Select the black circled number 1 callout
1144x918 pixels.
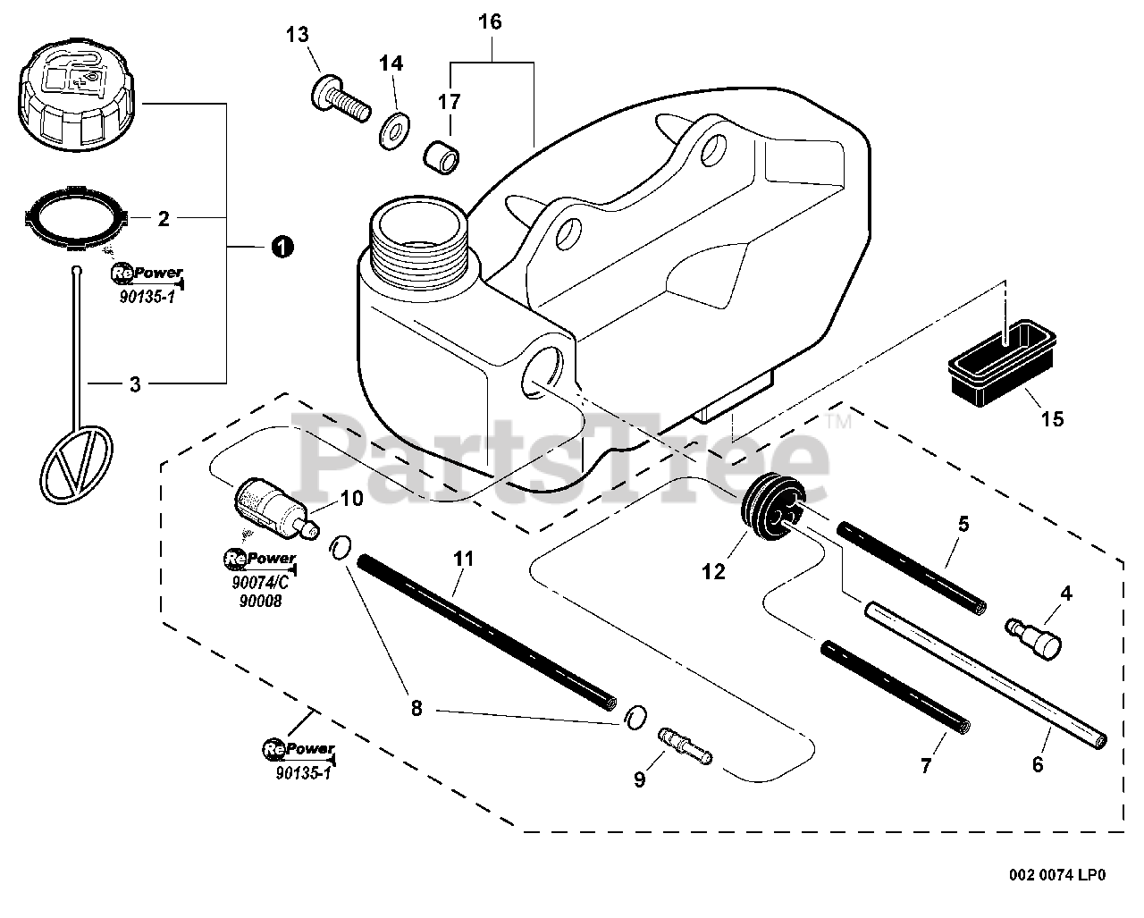click(x=282, y=247)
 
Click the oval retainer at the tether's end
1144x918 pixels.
click(x=76, y=464)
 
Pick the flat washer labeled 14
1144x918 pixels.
click(x=394, y=130)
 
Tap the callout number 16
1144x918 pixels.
click(x=490, y=21)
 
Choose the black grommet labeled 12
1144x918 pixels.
click(x=772, y=508)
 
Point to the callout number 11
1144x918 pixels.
click(x=463, y=559)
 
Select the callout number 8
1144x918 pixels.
click(x=416, y=708)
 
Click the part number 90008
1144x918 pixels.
click(x=260, y=601)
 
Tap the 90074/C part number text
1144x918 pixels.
click(x=260, y=583)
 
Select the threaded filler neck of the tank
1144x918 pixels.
click(x=420, y=240)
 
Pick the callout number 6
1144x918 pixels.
click(x=1038, y=764)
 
